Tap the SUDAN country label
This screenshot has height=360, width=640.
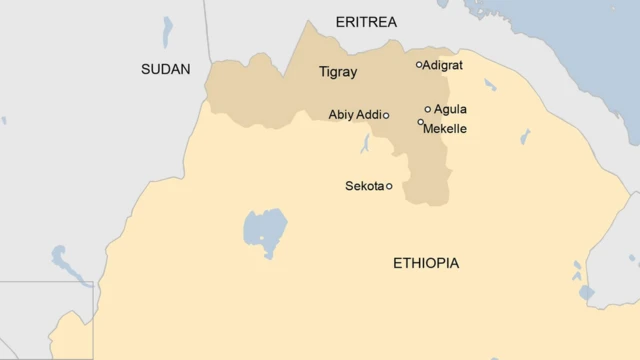coord(166,69)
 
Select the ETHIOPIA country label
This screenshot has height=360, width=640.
coord(426,263)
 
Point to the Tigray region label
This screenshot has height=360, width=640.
coord(337,72)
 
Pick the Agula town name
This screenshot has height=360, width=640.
coord(450,109)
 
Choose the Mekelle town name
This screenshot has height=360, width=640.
coord(445,129)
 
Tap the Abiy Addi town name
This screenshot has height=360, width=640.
coord(354,115)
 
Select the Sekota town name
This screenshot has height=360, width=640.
coord(364,186)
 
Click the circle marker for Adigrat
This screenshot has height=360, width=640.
coord(419,65)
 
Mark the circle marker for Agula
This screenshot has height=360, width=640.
coord(428,110)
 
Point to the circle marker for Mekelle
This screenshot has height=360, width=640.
coord(421,122)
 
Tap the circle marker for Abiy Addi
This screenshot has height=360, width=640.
coord(386,116)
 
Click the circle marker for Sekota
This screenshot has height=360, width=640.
coord(389,186)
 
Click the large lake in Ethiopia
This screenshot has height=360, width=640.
coord(264,233)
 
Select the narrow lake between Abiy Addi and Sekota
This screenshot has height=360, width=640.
coord(366,145)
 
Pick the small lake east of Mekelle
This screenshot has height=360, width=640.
coord(524,136)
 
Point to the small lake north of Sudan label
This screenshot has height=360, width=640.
coord(167,31)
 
